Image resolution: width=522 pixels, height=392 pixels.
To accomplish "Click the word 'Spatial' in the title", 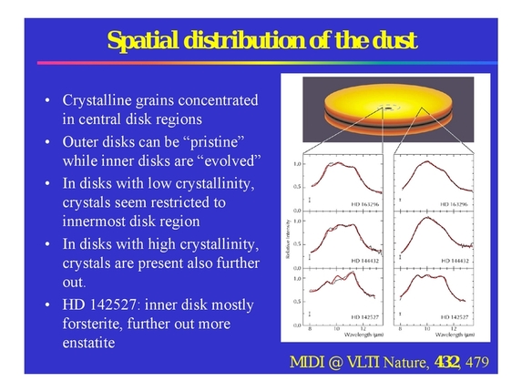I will [140, 41].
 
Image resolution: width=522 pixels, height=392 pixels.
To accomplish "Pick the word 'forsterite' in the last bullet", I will [95, 324].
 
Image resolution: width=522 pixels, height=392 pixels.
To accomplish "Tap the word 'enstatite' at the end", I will [95, 345].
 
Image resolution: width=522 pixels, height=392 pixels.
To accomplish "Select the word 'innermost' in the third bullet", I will [100, 222].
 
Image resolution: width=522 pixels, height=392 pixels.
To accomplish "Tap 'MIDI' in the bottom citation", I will [309, 363].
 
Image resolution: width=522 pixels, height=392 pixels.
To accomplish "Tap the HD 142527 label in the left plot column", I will [364, 315].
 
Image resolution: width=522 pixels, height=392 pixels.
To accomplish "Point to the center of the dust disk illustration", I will [394, 108].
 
